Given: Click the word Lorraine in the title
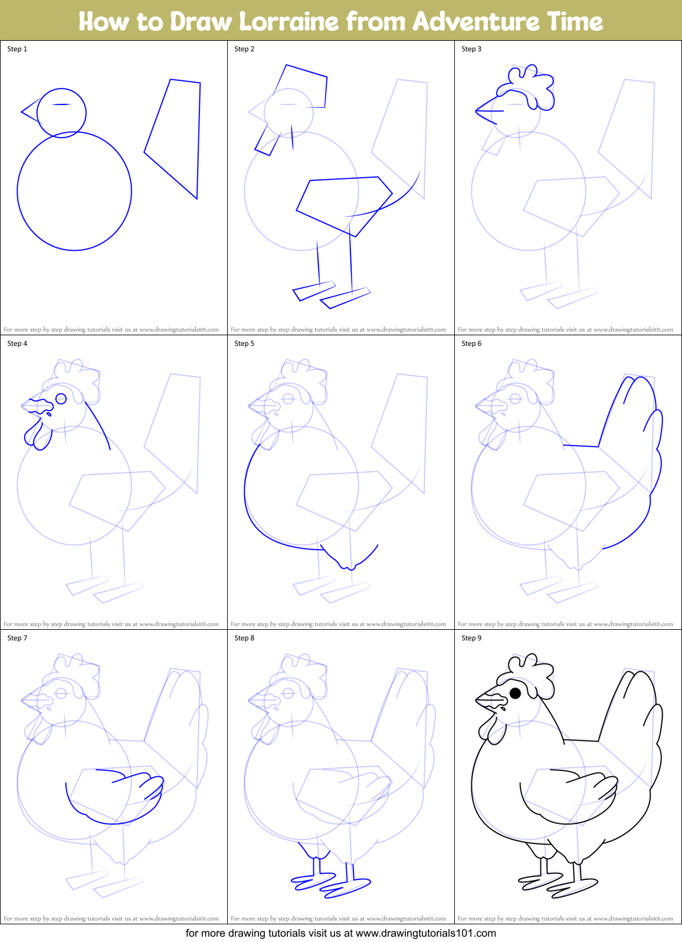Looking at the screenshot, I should pos(289,21).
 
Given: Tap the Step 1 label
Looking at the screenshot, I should pos(17,49).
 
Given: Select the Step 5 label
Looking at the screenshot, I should pos(244,344).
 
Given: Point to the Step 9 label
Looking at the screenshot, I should pos(471,638).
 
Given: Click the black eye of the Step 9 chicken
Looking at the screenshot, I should pos(515,693).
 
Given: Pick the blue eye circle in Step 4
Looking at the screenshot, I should pos(61,399).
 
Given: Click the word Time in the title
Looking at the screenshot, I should pos(575,21).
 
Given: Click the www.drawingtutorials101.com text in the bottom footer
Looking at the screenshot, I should pos(426,933).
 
